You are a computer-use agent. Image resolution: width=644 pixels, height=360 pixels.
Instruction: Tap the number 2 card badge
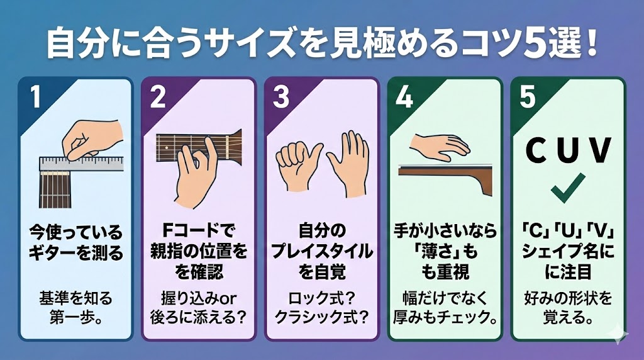(x=158, y=98)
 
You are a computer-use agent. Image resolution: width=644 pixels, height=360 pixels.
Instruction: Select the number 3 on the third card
(x=280, y=98)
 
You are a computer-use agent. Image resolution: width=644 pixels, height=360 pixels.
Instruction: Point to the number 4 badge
(x=404, y=98)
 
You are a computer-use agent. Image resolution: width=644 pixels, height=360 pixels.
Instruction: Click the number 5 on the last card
(x=527, y=98)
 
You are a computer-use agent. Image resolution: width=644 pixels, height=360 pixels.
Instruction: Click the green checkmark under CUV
(x=568, y=186)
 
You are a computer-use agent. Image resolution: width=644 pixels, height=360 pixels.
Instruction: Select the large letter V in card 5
(x=599, y=150)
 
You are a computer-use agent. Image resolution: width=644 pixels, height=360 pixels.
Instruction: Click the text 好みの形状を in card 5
(x=568, y=298)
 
